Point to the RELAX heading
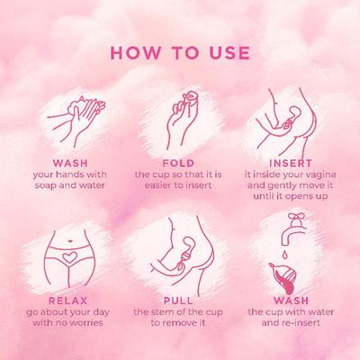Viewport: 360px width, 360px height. (x=58, y=298)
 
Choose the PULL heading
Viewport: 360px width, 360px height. (x=179, y=298)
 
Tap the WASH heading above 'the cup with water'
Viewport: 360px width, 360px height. (x=300, y=298)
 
